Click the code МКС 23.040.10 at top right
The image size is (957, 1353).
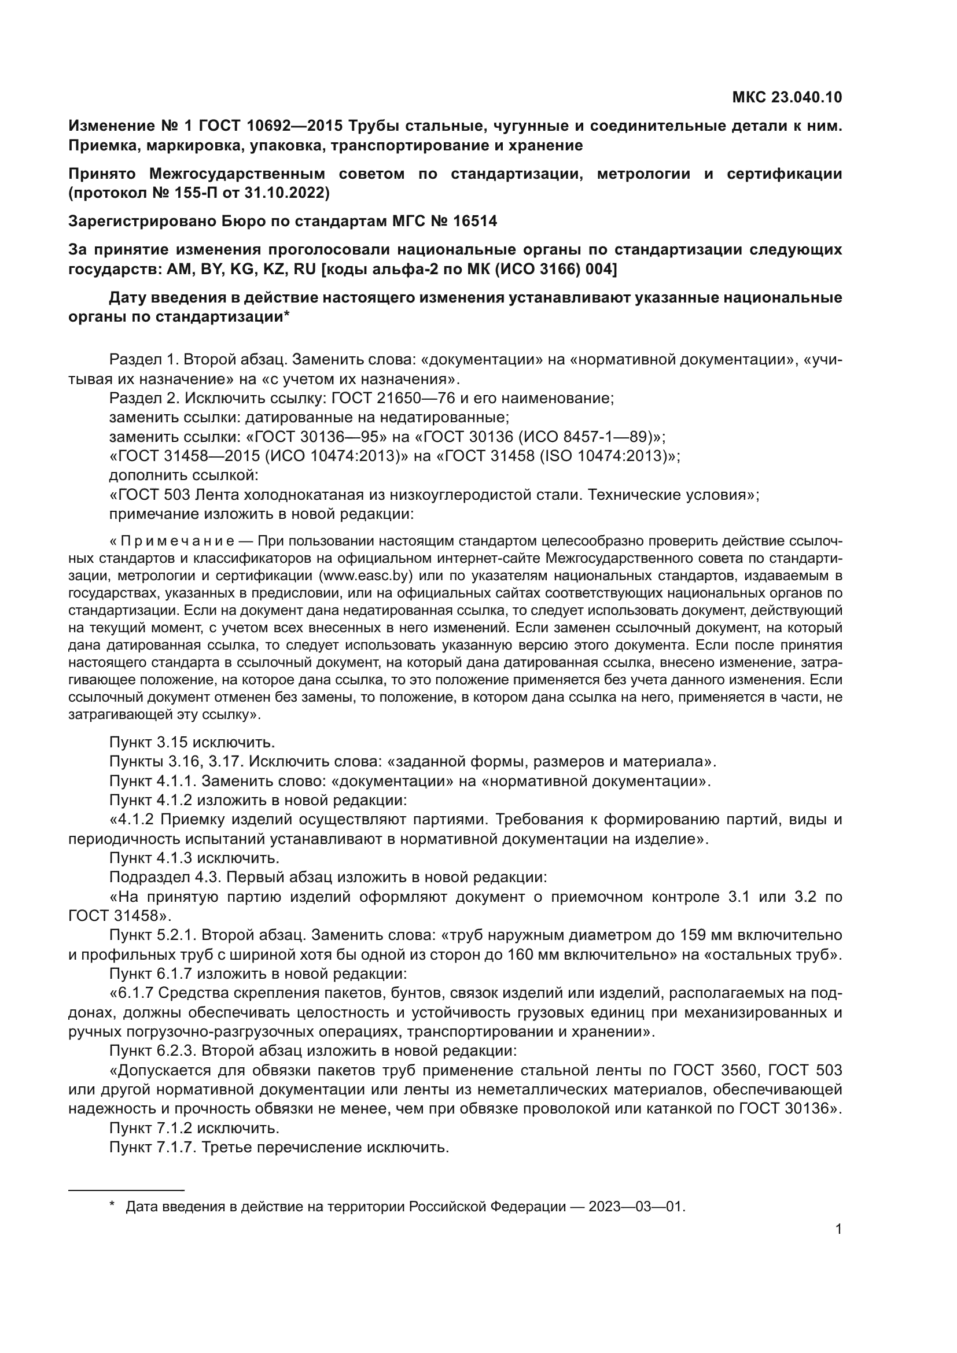pos(787,98)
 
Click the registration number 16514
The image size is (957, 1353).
pos(475,222)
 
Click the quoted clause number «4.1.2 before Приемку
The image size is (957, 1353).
pos(132,820)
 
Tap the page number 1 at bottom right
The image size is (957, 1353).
pos(838,1229)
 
